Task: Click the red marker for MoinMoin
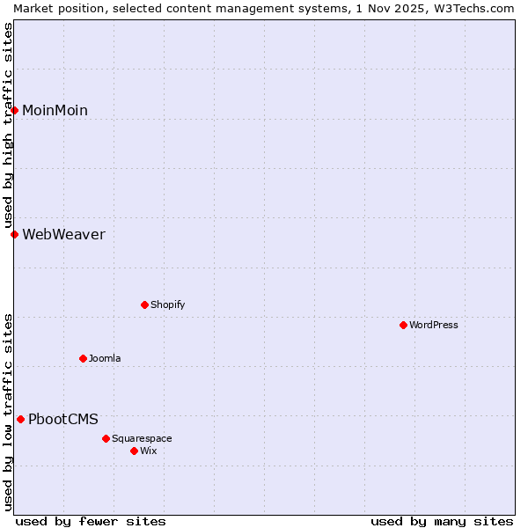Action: [x=15, y=110]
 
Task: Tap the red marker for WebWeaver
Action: [x=15, y=234]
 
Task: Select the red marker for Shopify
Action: [x=145, y=304]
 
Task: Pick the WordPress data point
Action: [x=404, y=325]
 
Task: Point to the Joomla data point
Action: [x=84, y=358]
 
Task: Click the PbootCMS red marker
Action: [x=21, y=419]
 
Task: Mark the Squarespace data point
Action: [x=106, y=438]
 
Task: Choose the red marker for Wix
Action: [x=135, y=451]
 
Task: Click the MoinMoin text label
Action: [x=55, y=110]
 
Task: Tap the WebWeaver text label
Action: [x=63, y=234]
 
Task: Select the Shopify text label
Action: [x=167, y=304]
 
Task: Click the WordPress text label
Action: [x=434, y=325]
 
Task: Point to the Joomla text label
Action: [x=105, y=358]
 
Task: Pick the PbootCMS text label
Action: [x=63, y=419]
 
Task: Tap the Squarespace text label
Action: [x=142, y=438]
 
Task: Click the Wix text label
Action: [x=149, y=451]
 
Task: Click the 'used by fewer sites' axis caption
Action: [x=91, y=521]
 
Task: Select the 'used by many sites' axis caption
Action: [x=442, y=521]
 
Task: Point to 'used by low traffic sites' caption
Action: [x=9, y=411]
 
